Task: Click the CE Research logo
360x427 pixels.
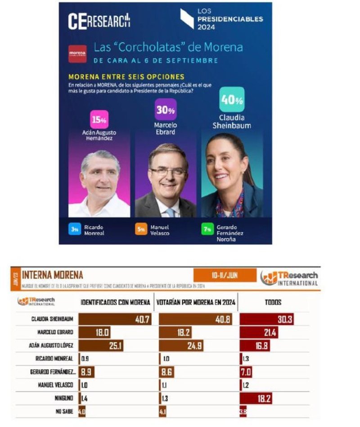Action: [x=99, y=21]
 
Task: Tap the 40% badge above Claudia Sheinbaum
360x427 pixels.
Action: [x=232, y=100]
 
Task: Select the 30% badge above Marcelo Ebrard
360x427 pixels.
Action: [x=166, y=109]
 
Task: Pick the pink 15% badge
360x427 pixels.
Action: [x=99, y=119]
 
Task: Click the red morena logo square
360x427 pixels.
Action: [x=77, y=54]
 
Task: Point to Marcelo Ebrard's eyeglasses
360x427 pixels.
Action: [x=168, y=172]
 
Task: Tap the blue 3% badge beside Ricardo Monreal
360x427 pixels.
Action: [x=75, y=229]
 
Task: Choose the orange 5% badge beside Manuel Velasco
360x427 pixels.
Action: [x=141, y=229]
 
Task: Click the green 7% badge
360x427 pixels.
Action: [x=207, y=229]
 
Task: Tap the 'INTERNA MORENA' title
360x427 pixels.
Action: [x=52, y=275]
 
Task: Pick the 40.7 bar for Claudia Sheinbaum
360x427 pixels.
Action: [x=115, y=319]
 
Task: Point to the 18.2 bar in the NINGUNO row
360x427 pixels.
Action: [x=256, y=399]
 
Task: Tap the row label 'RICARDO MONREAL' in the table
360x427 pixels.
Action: [x=52, y=359]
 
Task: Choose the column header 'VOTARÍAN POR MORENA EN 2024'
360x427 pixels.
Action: [x=196, y=302]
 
